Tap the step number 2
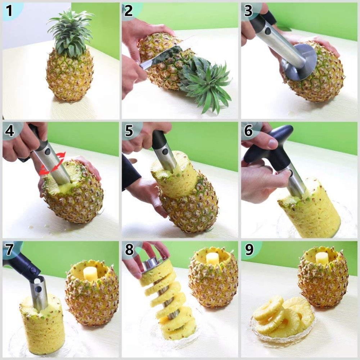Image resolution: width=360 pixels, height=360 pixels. [128, 11]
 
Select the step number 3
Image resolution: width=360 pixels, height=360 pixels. [248, 11]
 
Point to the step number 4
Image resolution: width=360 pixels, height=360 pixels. [9, 131]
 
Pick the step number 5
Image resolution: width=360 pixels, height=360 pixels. [128, 131]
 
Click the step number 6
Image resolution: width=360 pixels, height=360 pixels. [248, 131]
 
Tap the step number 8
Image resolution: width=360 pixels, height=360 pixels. [128, 249]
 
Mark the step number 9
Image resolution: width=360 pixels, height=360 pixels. [249, 249]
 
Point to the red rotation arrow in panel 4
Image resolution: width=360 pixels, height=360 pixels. [52, 164]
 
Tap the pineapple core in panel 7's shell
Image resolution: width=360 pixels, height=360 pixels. [90, 274]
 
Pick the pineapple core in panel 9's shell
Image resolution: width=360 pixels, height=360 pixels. [321, 258]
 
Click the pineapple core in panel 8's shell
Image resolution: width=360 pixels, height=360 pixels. [212, 259]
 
